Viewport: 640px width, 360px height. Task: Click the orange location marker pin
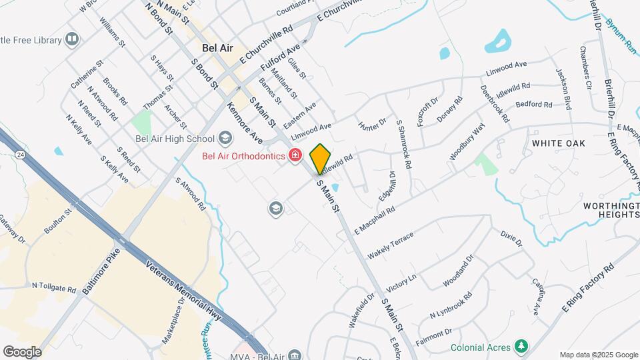[x=320, y=158]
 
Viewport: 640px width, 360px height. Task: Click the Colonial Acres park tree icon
[x=522, y=347]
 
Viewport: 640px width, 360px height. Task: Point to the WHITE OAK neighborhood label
[x=558, y=143]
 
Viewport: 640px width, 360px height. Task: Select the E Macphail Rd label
[x=375, y=219]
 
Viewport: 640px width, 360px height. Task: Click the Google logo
[x=22, y=351]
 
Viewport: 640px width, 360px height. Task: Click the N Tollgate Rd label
[x=54, y=287]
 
